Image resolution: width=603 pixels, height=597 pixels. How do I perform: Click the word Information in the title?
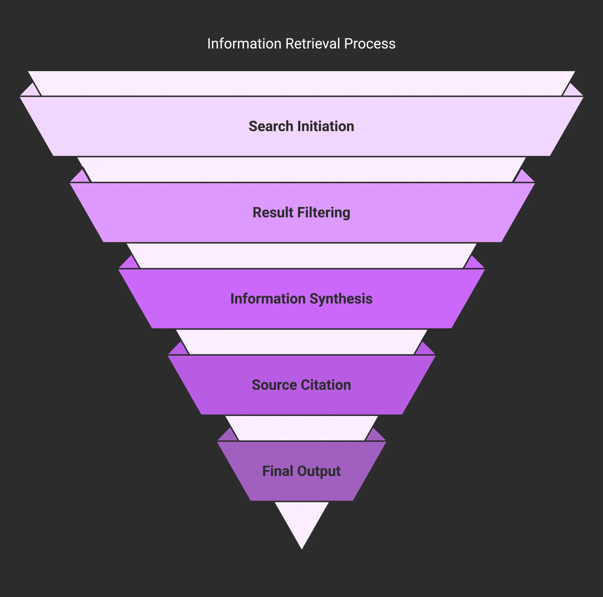[244, 44]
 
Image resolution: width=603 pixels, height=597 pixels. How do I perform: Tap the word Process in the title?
[370, 44]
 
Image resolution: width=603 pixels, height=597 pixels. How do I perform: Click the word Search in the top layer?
[271, 126]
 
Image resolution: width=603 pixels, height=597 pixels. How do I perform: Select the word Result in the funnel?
[273, 213]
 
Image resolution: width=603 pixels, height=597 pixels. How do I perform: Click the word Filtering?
[324, 213]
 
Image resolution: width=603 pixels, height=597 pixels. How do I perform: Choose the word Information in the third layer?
[268, 299]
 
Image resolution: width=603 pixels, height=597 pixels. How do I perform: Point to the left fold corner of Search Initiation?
[30, 91]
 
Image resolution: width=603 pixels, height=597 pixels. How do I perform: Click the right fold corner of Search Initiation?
[573, 91]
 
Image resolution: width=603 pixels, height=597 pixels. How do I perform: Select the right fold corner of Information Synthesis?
[474, 264]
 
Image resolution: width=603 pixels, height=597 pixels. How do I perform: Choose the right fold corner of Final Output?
[376, 436]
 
